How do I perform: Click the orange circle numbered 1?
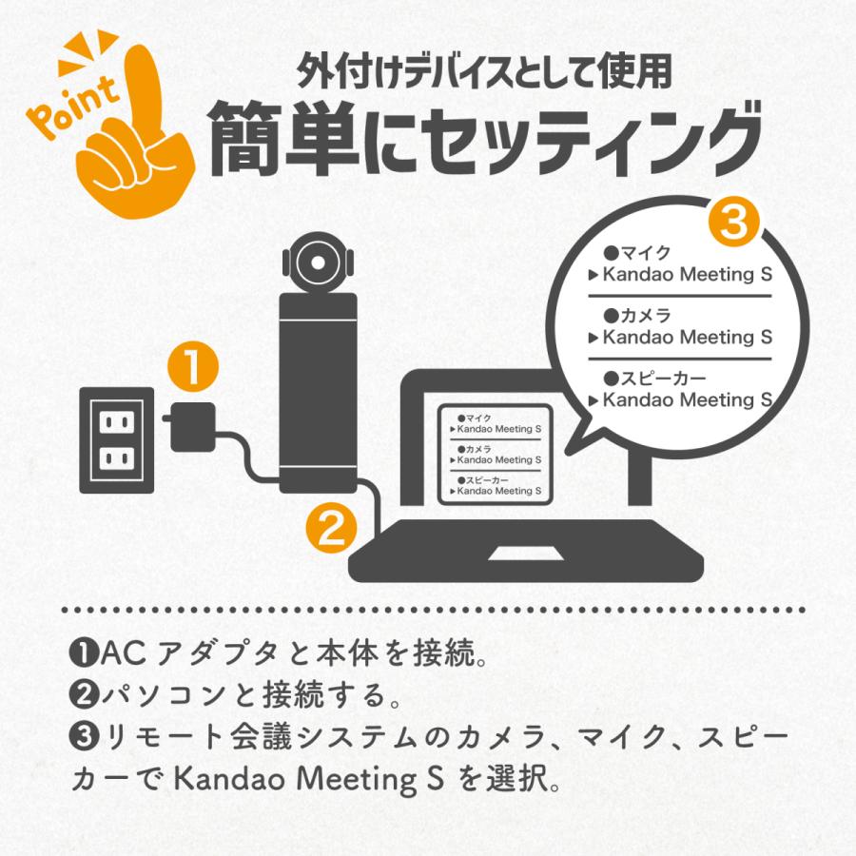click(192, 368)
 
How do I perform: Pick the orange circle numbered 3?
click(733, 226)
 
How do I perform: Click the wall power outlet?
click(116, 438)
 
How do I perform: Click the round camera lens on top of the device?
click(317, 259)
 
